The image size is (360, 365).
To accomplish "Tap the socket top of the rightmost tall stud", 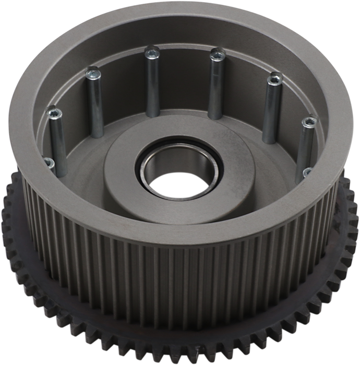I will coord(309,124).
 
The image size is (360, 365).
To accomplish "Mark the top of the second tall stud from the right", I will coord(273,80).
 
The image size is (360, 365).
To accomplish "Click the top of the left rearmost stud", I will coord(152,51).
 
